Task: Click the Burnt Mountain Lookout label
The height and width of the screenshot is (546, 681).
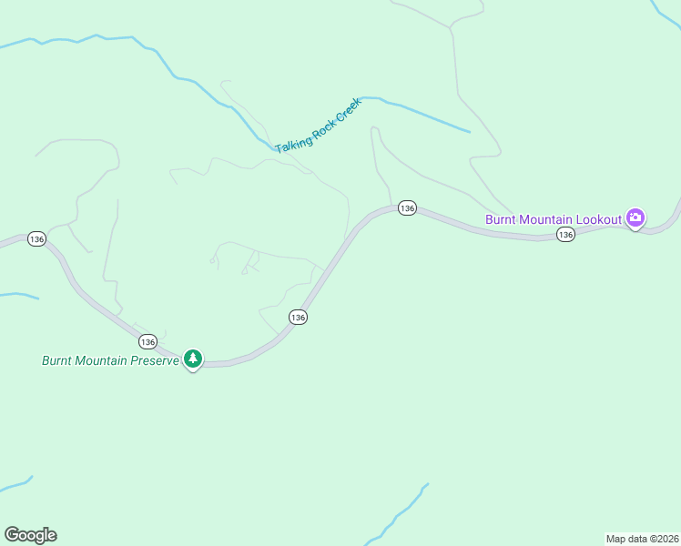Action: pos(553,219)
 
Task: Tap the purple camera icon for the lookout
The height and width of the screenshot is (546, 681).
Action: pos(635,217)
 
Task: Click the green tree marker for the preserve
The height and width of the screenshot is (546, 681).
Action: pos(192,359)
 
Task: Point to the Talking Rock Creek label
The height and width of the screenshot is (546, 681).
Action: pos(319,126)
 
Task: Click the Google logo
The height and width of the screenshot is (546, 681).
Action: pos(30,535)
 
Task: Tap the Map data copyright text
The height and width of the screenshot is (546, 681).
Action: pos(643,538)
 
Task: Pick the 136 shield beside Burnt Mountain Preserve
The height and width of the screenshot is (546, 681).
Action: pos(147,341)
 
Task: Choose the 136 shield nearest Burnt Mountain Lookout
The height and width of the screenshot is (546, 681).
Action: pos(565,235)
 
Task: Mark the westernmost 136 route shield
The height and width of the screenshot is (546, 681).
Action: pos(36,238)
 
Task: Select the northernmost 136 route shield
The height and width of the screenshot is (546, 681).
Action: pos(407,208)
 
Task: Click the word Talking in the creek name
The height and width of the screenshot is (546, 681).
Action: pos(292,141)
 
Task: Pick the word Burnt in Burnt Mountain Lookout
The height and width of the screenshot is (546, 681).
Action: pos(501,219)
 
